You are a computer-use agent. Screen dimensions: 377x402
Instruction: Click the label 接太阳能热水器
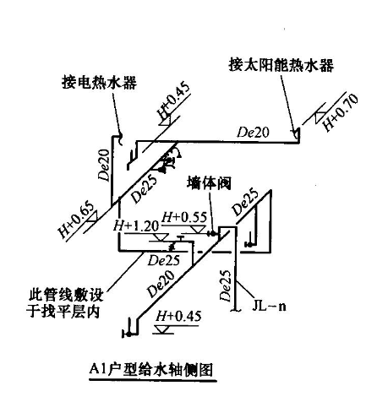(281, 65)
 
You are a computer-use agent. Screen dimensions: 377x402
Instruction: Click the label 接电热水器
(99, 82)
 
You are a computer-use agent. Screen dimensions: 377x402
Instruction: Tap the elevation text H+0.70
(340, 112)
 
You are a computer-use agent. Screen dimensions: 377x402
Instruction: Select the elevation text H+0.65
(75, 220)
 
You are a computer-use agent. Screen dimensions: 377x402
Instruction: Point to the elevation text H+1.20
(136, 225)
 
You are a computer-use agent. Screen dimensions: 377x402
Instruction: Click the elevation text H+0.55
(184, 217)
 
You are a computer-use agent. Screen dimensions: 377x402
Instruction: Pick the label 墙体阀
(209, 183)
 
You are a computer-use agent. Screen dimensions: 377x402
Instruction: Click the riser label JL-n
(269, 306)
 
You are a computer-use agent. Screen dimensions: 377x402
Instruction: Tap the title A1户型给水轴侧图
(151, 369)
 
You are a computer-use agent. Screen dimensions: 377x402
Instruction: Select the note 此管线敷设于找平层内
(65, 303)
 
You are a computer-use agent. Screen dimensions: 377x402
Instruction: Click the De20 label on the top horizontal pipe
(254, 133)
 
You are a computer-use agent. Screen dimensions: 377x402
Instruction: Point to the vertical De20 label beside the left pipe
(103, 166)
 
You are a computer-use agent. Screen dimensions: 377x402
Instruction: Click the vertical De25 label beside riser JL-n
(226, 285)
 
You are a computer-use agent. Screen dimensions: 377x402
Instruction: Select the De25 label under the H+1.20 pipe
(164, 260)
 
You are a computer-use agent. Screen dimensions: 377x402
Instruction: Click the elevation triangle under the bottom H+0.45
(162, 329)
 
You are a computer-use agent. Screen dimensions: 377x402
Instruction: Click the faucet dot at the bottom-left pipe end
(128, 334)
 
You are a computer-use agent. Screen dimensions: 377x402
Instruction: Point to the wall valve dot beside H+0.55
(212, 233)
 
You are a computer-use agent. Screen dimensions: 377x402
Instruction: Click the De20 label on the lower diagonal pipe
(161, 284)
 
